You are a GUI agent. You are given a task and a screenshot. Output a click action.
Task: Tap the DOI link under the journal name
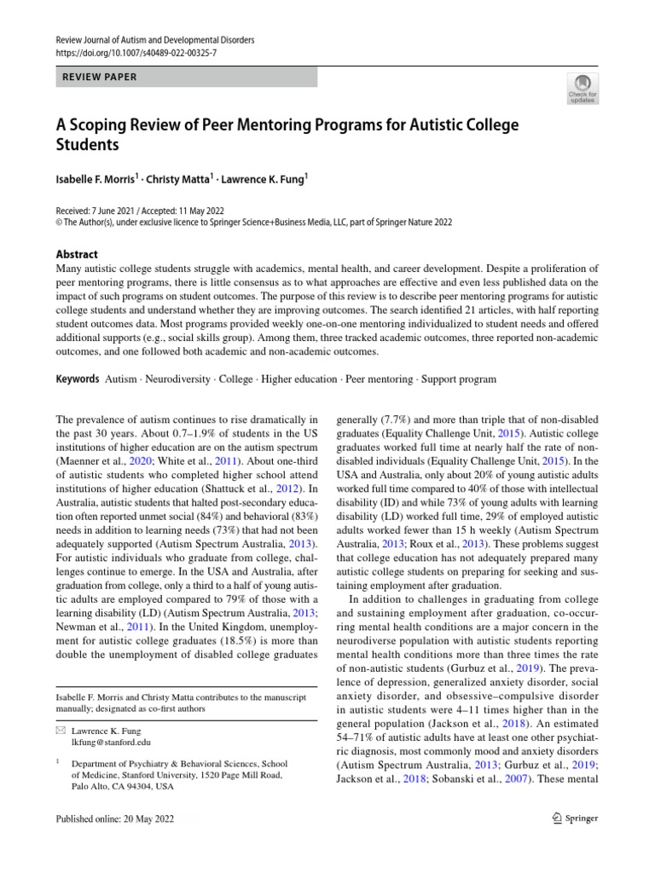pyautogui.click(x=136, y=53)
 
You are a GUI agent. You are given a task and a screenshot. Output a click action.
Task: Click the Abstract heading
pyautogui.click(x=77, y=254)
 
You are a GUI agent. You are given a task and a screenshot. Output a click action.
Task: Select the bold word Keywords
pyautogui.click(x=77, y=378)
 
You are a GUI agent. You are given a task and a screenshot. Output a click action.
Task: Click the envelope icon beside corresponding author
pyautogui.click(x=59, y=731)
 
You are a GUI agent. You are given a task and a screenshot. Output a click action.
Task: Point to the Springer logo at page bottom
pyautogui.click(x=576, y=818)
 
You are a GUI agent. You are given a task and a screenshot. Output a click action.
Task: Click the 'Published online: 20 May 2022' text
pyautogui.click(x=113, y=818)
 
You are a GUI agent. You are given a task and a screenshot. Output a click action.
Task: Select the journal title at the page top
pyautogui.click(x=154, y=40)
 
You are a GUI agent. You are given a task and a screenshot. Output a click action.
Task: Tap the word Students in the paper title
pyautogui.click(x=88, y=145)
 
